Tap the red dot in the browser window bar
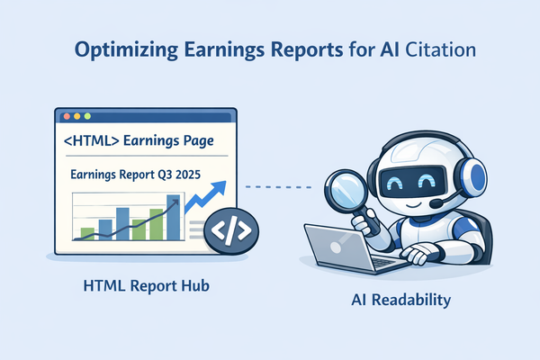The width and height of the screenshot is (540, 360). pyautogui.click(x=65, y=117)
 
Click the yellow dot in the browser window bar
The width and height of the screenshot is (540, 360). pyautogui.click(x=76, y=117)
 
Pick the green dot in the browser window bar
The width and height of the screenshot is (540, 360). pyautogui.click(x=88, y=117)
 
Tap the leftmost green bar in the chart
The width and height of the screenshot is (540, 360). pyautogui.click(x=87, y=234)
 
